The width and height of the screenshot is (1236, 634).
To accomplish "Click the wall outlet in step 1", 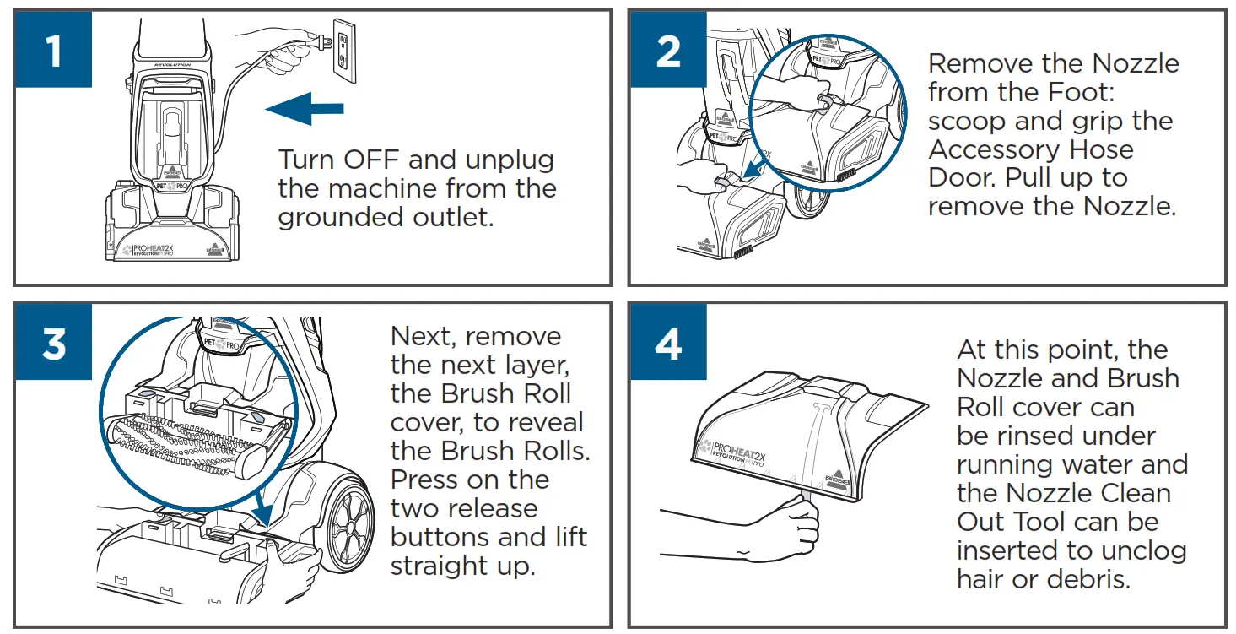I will click(x=343, y=51).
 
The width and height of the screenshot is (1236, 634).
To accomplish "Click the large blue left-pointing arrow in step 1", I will click(x=304, y=108).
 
